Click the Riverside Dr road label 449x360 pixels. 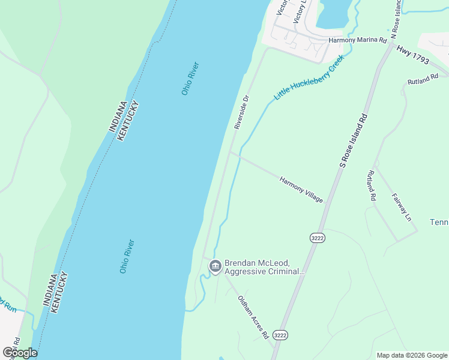point(241,112)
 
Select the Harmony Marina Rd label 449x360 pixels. point(358,40)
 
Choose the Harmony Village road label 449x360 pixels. point(301,189)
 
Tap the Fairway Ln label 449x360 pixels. point(401,207)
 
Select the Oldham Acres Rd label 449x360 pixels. point(252,317)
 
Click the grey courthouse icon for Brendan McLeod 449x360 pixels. point(215,265)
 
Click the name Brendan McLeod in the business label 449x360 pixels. point(257,263)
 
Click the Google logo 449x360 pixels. point(19,353)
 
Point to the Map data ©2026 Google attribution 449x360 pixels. point(412,355)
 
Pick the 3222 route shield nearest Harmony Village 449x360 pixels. point(318,238)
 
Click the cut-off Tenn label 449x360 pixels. point(439,222)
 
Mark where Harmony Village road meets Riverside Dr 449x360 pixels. point(231,152)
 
